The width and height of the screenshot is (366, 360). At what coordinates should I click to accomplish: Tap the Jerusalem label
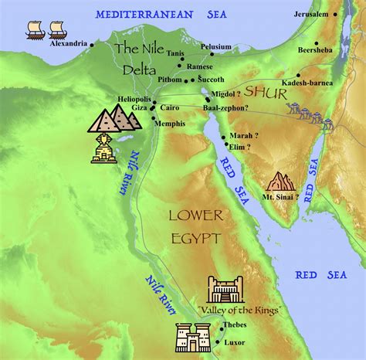click(313, 15)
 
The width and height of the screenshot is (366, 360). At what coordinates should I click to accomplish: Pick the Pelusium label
click(216, 46)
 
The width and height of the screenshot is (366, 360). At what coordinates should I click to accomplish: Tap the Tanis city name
click(177, 53)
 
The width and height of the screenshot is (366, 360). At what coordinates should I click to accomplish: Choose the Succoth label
click(210, 80)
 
